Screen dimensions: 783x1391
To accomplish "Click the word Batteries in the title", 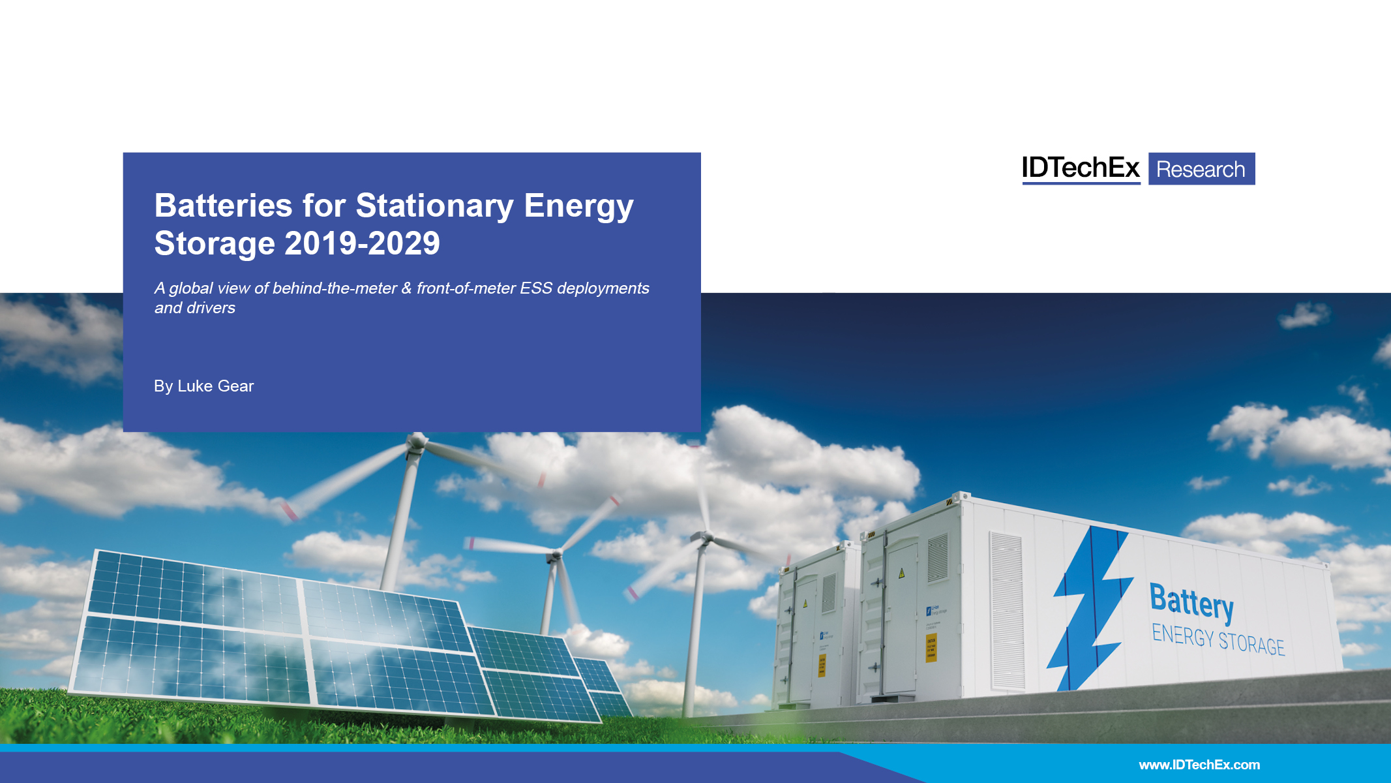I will (x=223, y=206).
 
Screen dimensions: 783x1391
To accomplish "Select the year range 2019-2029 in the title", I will (x=362, y=244).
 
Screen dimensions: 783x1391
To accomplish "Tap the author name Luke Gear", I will (x=215, y=386).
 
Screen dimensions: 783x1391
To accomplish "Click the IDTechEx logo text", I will (x=1080, y=168).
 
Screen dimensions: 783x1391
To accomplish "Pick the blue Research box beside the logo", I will (x=1201, y=169).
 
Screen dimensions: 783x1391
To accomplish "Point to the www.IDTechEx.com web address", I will (x=1199, y=765).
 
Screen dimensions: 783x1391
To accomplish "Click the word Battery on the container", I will (x=1191, y=601).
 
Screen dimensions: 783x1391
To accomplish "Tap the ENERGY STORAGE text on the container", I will (x=1218, y=639).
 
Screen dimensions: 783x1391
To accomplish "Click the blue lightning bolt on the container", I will (x=1091, y=607).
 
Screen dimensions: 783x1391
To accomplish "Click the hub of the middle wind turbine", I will (x=556, y=555).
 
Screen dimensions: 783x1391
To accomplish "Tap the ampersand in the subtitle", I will (x=406, y=288).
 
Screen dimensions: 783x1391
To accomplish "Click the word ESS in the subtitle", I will (x=536, y=288).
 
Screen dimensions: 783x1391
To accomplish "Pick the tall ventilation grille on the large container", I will (x=1006, y=610).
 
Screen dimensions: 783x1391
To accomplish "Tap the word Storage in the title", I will (x=214, y=244).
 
